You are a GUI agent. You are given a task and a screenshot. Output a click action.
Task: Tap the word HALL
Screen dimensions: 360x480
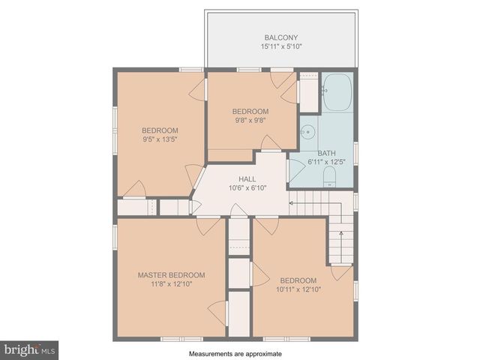(247, 179)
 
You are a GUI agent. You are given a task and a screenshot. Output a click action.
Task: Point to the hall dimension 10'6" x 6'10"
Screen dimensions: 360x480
(247, 188)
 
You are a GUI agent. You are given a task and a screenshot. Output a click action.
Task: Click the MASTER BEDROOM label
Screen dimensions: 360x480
(171, 275)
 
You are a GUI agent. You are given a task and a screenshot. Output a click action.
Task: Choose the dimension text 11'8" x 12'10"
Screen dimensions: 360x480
(171, 284)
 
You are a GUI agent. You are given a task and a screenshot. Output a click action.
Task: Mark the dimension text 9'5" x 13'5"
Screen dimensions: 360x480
(160, 139)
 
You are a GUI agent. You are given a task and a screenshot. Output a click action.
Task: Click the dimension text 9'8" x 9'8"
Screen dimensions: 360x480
(250, 120)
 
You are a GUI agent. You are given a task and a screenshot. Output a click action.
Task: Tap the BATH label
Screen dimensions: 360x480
(326, 153)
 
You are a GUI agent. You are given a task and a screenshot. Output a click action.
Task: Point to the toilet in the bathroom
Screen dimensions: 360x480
(328, 177)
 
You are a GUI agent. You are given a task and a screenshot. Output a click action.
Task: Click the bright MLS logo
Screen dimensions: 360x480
(30, 349)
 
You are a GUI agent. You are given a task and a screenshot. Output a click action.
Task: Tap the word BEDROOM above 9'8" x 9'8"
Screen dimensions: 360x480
(250, 111)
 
